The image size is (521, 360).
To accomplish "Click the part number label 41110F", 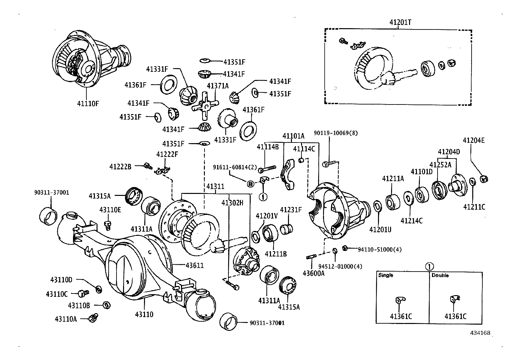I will click(x=88, y=104).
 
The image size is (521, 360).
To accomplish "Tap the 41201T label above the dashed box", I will click(x=400, y=22).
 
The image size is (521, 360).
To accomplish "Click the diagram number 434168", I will click(x=480, y=333).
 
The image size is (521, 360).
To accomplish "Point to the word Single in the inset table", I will click(x=386, y=275).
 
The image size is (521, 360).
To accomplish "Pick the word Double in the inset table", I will click(x=440, y=275).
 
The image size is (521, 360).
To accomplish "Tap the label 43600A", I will click(x=313, y=273).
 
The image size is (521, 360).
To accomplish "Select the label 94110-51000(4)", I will click(x=379, y=250).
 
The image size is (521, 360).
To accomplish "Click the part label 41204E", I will click(x=474, y=141).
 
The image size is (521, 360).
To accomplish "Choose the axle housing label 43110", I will click(x=144, y=314).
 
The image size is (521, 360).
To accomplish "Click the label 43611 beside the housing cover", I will click(x=194, y=265).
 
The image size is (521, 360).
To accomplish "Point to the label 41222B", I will click(x=120, y=167).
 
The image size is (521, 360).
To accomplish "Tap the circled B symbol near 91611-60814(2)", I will click(x=250, y=184).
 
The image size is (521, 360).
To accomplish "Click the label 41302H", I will click(x=232, y=203).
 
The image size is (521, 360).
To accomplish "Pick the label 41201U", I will click(x=380, y=230).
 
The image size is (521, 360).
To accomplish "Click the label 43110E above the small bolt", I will click(x=110, y=210).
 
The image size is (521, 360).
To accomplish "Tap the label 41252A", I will click(x=440, y=165).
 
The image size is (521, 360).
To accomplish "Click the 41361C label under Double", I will click(x=455, y=316).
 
